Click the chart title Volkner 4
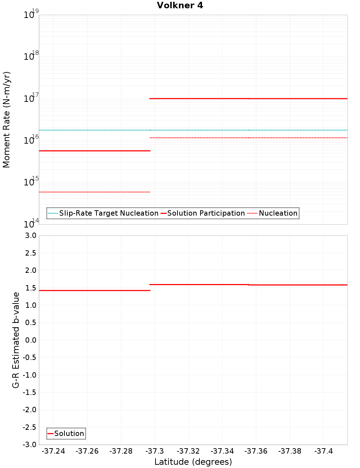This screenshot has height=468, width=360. click(x=180, y=5)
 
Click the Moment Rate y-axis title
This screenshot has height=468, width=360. click(x=6, y=120)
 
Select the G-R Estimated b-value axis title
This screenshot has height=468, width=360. click(x=15, y=340)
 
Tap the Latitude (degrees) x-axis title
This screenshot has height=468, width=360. click(x=193, y=462)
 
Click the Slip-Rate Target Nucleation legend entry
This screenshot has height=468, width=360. click(x=109, y=213)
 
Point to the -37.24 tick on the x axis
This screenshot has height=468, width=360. click(x=54, y=451)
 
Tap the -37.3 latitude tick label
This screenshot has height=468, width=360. click(x=155, y=451)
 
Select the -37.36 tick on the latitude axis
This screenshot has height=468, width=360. click(x=256, y=451)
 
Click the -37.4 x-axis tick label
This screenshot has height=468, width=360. click(x=324, y=451)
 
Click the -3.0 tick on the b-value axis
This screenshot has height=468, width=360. click(x=29, y=445)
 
